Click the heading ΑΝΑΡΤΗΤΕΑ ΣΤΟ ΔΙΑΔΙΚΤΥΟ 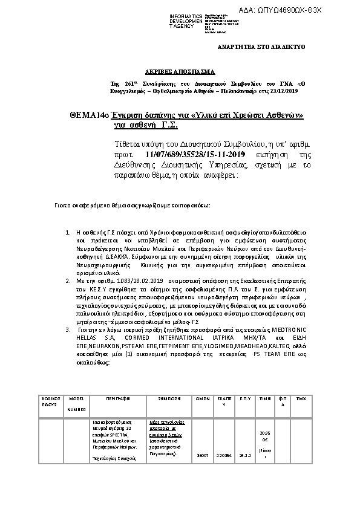pyautogui.click(x=261, y=46)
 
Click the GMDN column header pyautogui.click(x=202, y=400)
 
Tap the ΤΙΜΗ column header pyautogui.click(x=265, y=400)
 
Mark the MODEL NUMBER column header pyautogui.click(x=76, y=404)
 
